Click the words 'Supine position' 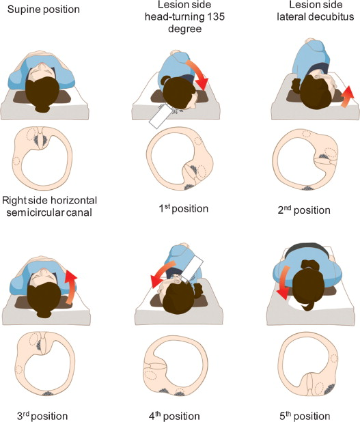(x=44, y=10)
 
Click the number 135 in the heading (x=214, y=16)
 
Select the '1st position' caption (x=183, y=208)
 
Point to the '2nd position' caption (x=304, y=210)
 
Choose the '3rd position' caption (x=42, y=416)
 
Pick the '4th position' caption (x=174, y=416)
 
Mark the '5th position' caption (x=305, y=416)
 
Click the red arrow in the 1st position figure (x=199, y=73)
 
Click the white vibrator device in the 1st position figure (x=161, y=116)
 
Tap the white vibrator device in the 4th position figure (x=192, y=268)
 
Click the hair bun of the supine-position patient (x=42, y=108)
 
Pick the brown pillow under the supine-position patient (x=42, y=97)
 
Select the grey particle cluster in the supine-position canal (x=40, y=139)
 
